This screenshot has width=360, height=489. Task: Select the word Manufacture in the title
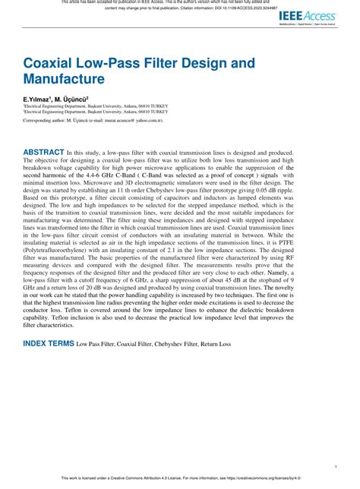[64, 78]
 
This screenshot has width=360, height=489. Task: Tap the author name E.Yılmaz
[39, 99]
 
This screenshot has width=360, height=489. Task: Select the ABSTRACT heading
[43, 152]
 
